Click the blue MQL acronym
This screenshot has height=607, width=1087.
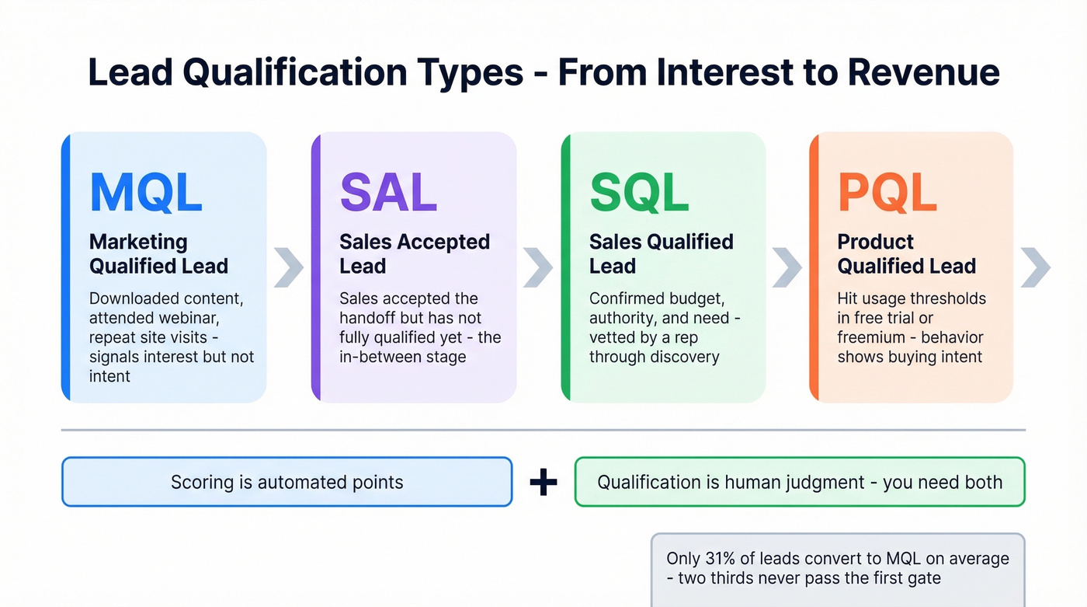pos(146,192)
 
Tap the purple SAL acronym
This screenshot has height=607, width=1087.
pos(388,192)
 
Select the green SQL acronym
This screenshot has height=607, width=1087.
pos(639,192)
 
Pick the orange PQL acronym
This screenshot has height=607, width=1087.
pos(887,192)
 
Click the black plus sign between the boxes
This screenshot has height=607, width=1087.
pos(543,483)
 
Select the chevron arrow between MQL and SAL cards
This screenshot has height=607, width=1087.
pos(289,267)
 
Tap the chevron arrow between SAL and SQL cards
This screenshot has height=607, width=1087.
pos(538,267)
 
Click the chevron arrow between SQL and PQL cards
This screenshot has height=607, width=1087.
pos(787,267)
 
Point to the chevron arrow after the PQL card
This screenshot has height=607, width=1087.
pos(1036,267)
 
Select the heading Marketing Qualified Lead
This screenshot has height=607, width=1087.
pos(158,254)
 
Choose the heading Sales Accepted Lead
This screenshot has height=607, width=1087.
pos(414,254)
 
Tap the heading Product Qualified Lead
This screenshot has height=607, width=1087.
pos(906,254)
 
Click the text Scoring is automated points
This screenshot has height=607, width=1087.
pos(287,483)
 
